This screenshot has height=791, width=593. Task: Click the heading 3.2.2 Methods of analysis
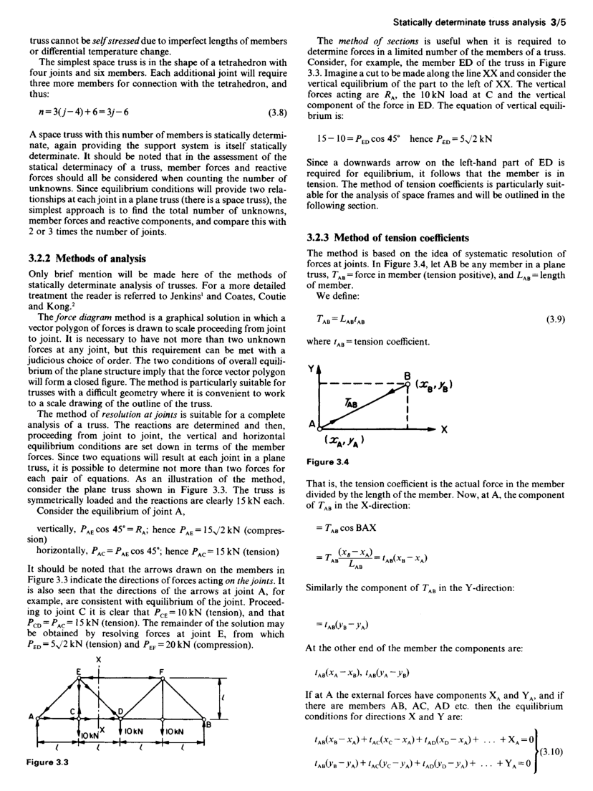[x=79, y=258]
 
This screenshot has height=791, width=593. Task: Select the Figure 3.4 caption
[x=326, y=461]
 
